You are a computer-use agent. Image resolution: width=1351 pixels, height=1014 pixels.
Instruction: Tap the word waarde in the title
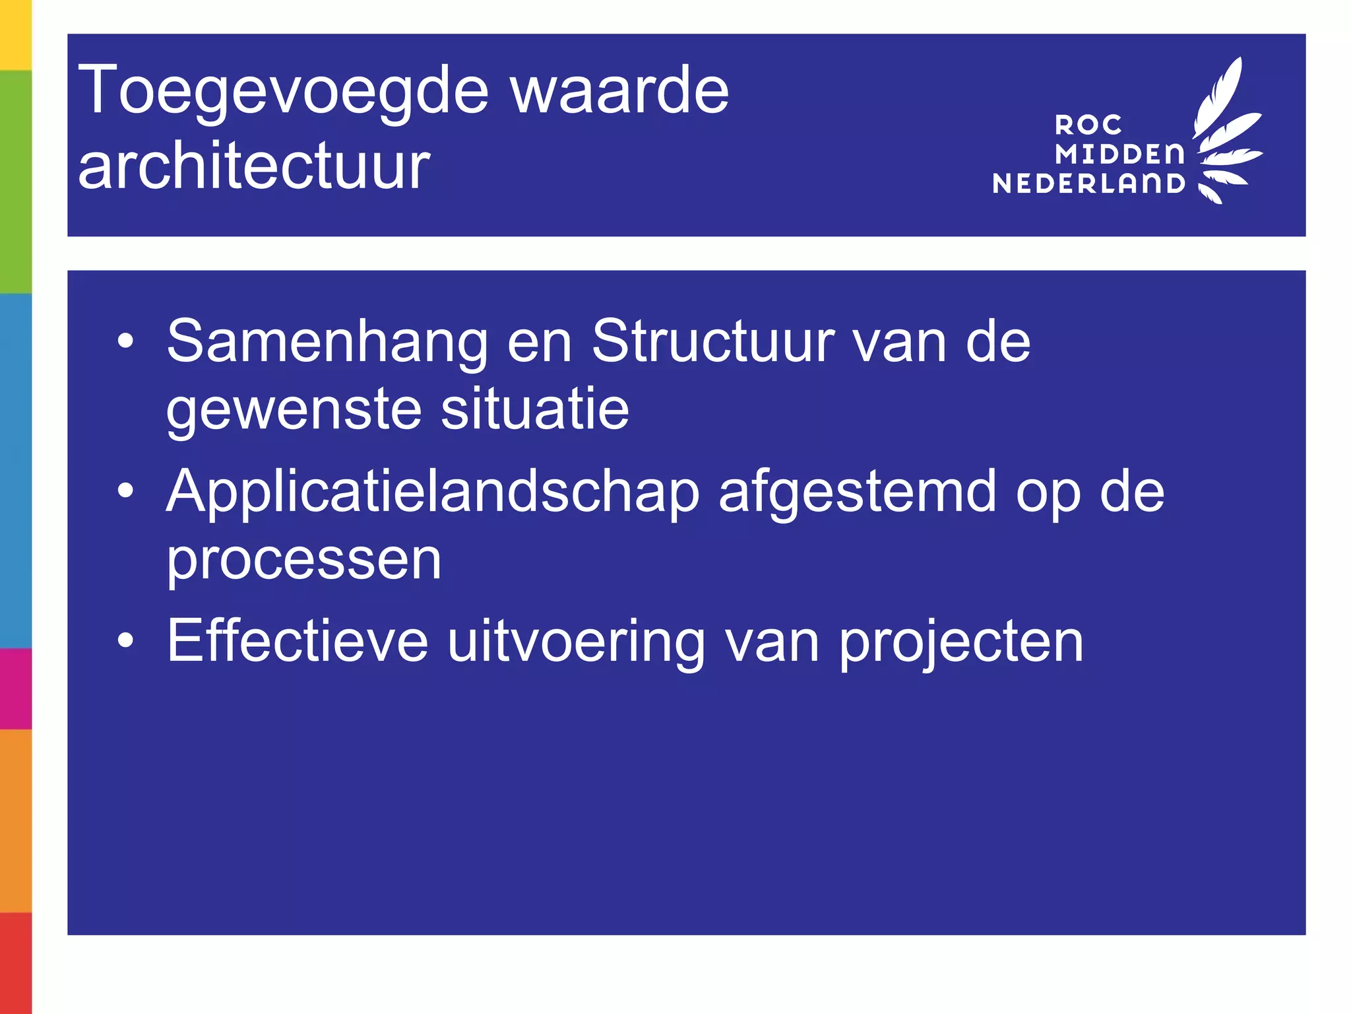tap(620, 91)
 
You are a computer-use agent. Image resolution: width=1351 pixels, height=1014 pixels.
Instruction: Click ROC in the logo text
tap(1088, 125)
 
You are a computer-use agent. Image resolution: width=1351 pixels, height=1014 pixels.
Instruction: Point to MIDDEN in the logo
tap(1119, 154)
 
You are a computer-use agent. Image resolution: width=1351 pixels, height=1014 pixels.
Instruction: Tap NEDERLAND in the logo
tap(1088, 184)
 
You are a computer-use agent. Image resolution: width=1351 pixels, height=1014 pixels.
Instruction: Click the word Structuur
tap(712, 341)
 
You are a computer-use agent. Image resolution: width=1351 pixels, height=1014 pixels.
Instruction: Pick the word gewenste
tap(294, 411)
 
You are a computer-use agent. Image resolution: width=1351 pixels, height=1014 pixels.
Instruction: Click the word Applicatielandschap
tap(433, 492)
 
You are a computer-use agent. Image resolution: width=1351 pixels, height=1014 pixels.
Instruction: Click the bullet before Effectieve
tap(125, 640)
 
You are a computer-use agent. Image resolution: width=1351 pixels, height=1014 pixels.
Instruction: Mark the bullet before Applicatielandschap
tap(125, 490)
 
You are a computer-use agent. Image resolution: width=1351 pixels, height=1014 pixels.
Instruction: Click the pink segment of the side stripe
tap(15, 689)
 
